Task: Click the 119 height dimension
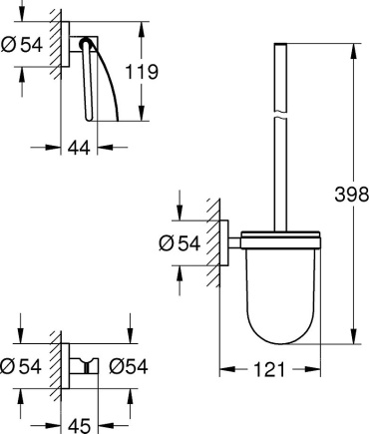(x=142, y=72)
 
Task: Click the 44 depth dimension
(x=79, y=148)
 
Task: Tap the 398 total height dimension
(x=352, y=195)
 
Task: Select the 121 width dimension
(x=269, y=369)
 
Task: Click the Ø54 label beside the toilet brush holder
(x=180, y=243)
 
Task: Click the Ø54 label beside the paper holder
(x=22, y=45)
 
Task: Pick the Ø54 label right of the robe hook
(x=129, y=366)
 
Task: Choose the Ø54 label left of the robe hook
(x=21, y=366)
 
